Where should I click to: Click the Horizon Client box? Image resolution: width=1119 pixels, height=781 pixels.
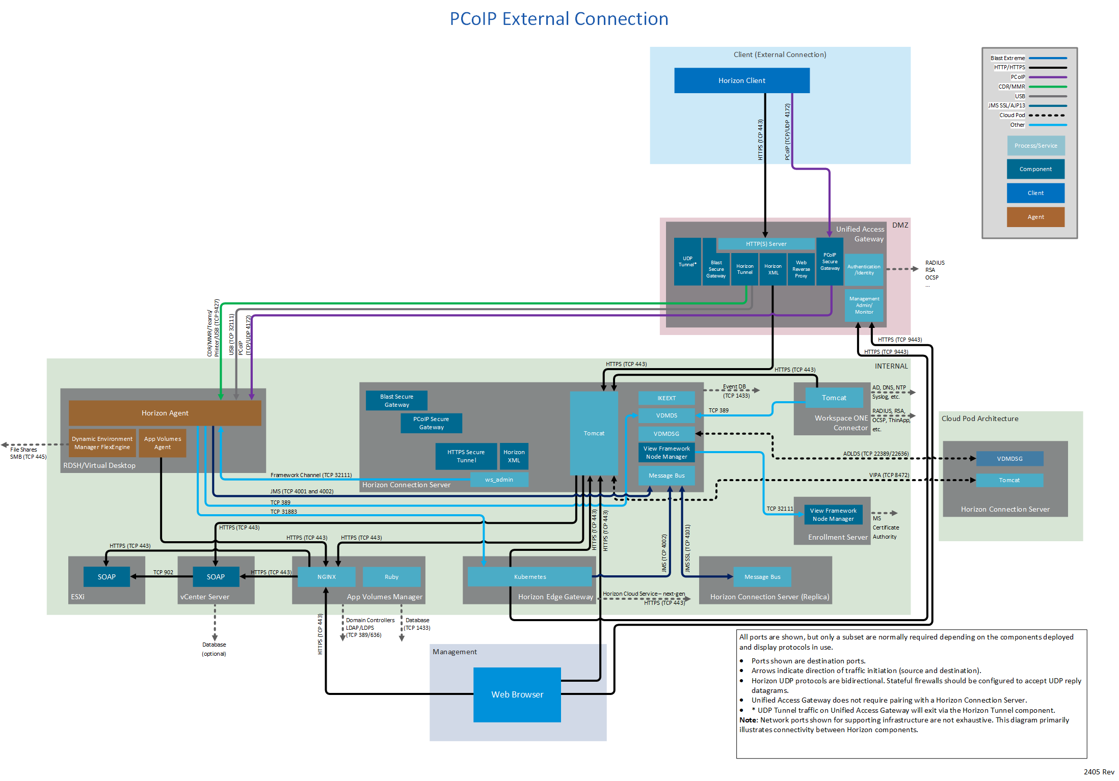741,80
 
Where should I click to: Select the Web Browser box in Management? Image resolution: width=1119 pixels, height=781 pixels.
517,694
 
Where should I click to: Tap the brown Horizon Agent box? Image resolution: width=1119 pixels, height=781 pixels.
165,413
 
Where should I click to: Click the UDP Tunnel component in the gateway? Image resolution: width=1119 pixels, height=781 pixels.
687,262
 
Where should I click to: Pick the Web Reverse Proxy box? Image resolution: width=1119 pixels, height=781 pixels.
801,269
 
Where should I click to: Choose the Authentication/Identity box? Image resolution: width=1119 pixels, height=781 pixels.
864,270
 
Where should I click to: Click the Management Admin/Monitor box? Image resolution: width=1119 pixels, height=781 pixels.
864,305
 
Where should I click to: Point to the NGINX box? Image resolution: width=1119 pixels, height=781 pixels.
326,577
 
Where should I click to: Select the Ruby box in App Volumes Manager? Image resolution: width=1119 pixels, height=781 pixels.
391,577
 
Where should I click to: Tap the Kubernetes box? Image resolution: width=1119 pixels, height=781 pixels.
530,577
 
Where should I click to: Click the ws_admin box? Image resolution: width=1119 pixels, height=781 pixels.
499,480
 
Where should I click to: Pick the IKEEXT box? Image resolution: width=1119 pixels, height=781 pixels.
667,398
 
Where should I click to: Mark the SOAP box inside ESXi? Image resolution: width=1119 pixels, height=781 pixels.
106,577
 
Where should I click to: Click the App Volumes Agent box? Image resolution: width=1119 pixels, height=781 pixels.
163,443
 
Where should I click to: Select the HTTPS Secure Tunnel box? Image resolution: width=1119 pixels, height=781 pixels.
466,456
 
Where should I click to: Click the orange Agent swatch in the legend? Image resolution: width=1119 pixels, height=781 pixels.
1035,217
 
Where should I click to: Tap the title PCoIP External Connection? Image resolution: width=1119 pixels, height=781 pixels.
558,19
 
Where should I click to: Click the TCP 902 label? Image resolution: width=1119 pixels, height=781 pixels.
163,572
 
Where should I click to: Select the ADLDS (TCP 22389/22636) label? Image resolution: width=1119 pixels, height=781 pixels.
875,454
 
